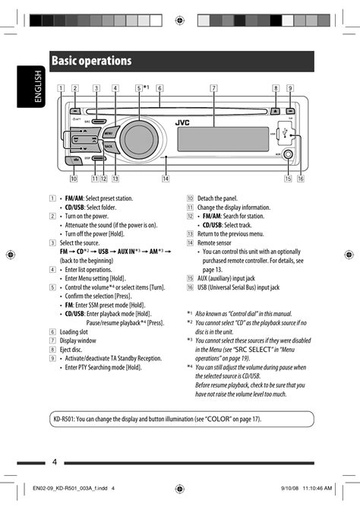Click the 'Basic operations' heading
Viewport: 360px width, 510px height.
click(92, 61)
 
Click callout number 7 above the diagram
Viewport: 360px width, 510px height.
click(214, 88)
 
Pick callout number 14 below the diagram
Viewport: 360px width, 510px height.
click(166, 179)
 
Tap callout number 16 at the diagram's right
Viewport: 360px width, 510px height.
click(301, 179)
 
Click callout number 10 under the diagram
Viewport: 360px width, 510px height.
click(74, 179)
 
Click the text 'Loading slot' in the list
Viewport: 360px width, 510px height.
click(78, 332)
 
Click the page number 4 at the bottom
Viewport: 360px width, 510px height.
click(55, 462)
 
